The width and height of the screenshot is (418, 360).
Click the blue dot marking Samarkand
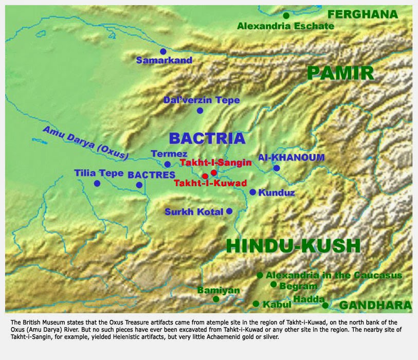tap(163, 51)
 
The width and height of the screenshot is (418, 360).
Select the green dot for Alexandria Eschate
tap(286, 15)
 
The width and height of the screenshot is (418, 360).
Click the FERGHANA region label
tap(362, 14)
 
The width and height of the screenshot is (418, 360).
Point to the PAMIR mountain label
tap(340, 73)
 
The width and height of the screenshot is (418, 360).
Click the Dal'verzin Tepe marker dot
tap(200, 111)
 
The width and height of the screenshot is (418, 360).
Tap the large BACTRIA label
tap(207, 138)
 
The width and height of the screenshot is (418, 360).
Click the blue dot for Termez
tap(167, 165)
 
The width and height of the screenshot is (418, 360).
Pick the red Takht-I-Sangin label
tap(215, 163)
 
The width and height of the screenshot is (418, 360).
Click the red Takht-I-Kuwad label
tap(210, 183)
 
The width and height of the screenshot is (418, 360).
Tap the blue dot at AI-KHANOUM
tap(277, 168)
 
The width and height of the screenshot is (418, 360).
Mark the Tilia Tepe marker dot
tap(97, 184)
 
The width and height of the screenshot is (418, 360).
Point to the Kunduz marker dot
tap(252, 192)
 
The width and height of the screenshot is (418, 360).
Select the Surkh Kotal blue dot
tap(229, 211)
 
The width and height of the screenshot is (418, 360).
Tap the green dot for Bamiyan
tap(216, 299)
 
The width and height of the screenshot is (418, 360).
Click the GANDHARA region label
tap(375, 305)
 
